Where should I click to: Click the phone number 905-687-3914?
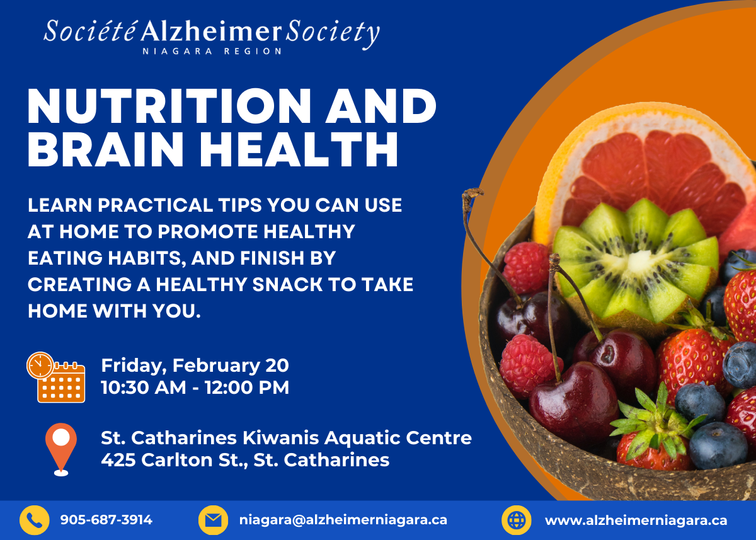(x=106, y=520)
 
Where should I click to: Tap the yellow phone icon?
(x=35, y=520)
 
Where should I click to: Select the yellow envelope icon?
(x=213, y=520)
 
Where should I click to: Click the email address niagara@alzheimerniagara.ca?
(x=343, y=520)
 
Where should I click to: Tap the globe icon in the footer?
(x=517, y=520)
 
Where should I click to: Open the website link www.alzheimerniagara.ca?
(x=636, y=520)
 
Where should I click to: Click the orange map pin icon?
(x=61, y=449)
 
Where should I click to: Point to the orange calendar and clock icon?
(x=56, y=377)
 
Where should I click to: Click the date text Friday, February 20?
(x=195, y=366)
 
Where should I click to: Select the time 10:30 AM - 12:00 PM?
(x=195, y=387)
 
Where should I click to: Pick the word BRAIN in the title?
(x=106, y=149)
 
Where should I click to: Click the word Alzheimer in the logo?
(x=211, y=33)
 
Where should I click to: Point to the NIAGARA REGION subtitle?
(x=212, y=51)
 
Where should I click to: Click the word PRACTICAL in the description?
(x=155, y=205)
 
